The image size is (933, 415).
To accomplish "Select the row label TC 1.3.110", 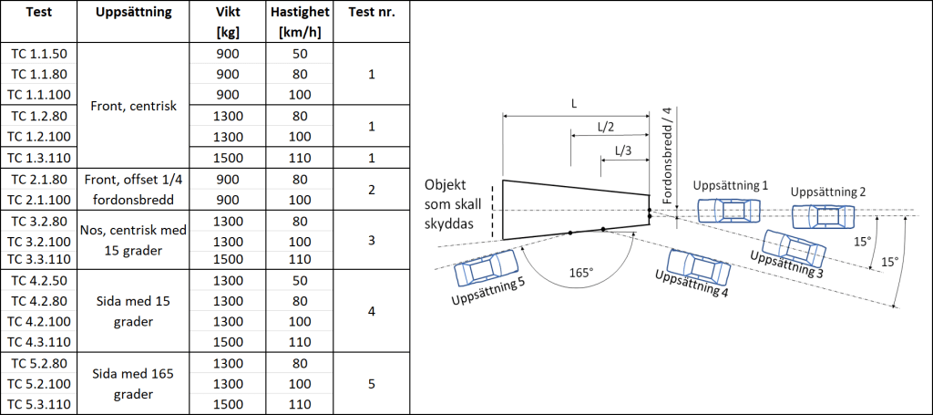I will tap(39, 157).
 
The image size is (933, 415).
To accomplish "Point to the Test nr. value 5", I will tap(371, 384).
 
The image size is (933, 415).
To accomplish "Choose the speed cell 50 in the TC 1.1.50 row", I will tap(300, 53).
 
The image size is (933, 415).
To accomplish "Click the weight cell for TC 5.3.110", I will tap(229, 404).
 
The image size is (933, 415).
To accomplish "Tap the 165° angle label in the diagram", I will tap(579, 272).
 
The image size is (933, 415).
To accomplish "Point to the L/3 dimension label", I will tap(624, 150).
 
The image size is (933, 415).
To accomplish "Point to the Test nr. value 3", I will tap(371, 240).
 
